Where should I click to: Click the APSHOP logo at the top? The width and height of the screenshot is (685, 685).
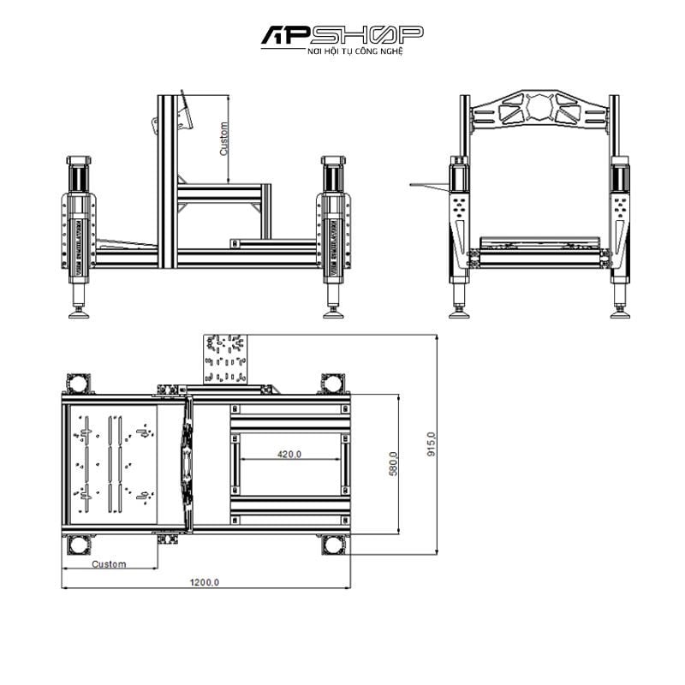(x=342, y=35)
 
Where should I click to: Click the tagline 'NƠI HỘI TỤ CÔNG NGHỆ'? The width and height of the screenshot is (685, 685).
(x=342, y=52)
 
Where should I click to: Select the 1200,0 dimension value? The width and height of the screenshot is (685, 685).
(x=205, y=582)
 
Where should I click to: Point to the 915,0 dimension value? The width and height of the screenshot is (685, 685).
(x=432, y=444)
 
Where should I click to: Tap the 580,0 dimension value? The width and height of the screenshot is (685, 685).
(x=394, y=464)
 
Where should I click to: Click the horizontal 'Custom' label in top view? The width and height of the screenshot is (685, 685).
(x=110, y=563)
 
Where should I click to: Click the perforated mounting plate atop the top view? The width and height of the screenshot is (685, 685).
(x=226, y=358)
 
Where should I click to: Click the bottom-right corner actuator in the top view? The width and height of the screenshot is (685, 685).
(x=333, y=543)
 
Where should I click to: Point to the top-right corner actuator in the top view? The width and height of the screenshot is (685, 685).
(x=333, y=382)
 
